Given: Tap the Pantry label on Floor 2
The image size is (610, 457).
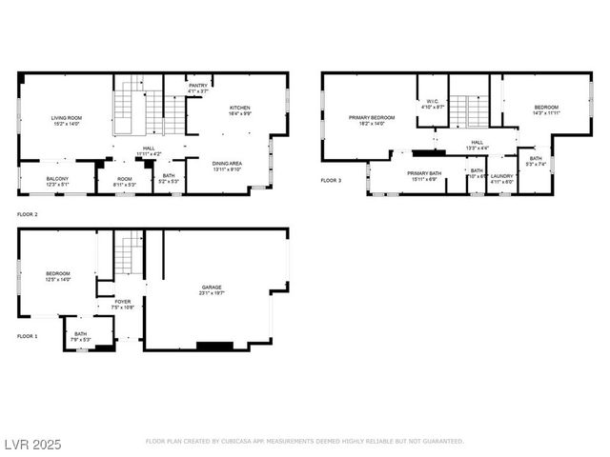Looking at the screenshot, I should click(197, 86).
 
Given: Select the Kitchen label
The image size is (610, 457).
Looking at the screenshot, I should click(239, 109).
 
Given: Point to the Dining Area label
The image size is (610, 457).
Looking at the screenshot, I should click(226, 163).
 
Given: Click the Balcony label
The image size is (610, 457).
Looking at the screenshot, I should click(56, 178).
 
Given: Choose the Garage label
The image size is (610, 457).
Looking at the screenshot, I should click(212, 287).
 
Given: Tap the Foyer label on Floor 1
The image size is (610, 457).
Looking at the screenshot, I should click(123, 301).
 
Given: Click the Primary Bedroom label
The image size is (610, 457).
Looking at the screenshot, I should click(364, 117).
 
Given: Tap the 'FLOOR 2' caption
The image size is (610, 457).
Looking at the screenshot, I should click(28, 216).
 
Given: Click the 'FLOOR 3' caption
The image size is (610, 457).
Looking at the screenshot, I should click(330, 180).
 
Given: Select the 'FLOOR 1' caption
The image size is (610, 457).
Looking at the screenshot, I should click(28, 336).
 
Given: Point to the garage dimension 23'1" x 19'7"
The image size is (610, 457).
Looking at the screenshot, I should click(212, 294).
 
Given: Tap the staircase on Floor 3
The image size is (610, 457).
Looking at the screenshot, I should click(468, 110).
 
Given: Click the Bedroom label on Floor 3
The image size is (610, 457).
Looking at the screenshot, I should click(546, 108).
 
